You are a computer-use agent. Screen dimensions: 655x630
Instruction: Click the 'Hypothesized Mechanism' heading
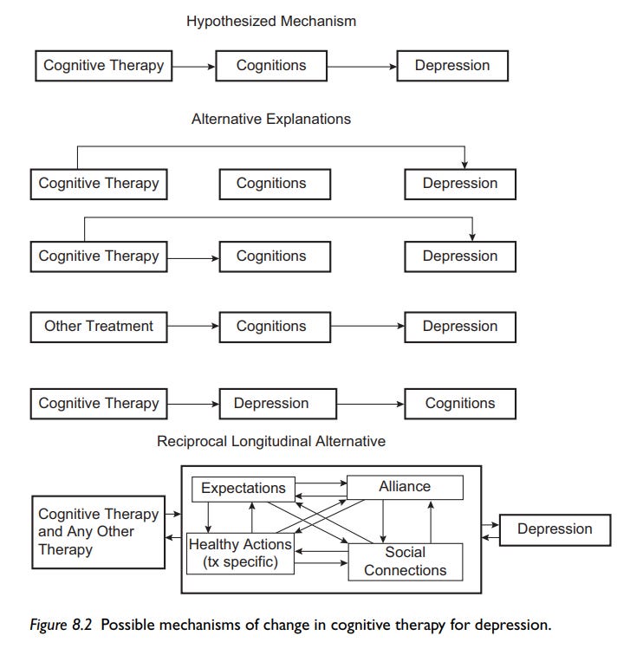click(270, 21)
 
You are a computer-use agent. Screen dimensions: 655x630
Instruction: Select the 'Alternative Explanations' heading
click(270, 120)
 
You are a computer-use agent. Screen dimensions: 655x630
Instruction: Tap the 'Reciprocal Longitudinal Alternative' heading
click(270, 441)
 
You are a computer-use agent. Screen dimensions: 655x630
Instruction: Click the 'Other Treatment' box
click(98, 327)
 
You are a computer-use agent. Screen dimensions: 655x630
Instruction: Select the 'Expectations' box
click(243, 489)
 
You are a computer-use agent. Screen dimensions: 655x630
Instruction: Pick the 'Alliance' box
click(405, 488)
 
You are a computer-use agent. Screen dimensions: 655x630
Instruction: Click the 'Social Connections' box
click(405, 561)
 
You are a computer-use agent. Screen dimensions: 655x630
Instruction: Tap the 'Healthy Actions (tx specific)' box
click(240, 553)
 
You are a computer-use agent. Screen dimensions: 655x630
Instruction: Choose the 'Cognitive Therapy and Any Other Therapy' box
click(97, 532)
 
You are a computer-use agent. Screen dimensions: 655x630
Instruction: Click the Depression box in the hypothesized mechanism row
click(451, 66)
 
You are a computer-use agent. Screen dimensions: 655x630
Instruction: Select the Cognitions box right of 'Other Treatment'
click(270, 327)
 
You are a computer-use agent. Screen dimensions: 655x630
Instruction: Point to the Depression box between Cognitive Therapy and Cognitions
click(270, 404)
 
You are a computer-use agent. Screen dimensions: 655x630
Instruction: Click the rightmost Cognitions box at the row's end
click(459, 404)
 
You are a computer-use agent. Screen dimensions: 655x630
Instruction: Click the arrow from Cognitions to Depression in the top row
click(361, 66)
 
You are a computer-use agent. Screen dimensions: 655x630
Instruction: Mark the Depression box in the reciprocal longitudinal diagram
click(555, 529)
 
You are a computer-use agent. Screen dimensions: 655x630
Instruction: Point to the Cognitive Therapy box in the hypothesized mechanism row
click(103, 66)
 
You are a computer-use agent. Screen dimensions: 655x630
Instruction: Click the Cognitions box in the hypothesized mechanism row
click(270, 66)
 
